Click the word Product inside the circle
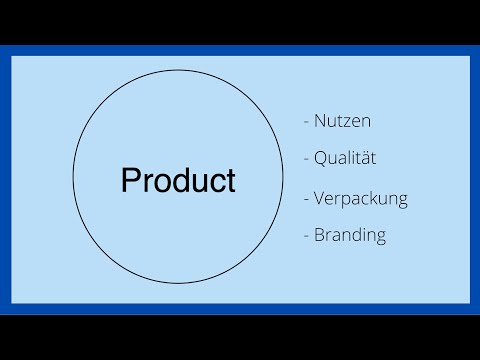(178, 181)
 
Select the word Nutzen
(343, 121)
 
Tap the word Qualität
(345, 158)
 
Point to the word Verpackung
(361, 198)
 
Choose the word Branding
(350, 236)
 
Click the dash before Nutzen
(306, 122)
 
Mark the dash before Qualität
(306, 159)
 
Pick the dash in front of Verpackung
(306, 198)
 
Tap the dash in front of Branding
(306, 237)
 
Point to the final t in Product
(231, 181)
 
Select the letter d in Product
(176, 181)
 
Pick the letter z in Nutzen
(347, 122)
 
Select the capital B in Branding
(320, 236)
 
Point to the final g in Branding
(380, 238)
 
